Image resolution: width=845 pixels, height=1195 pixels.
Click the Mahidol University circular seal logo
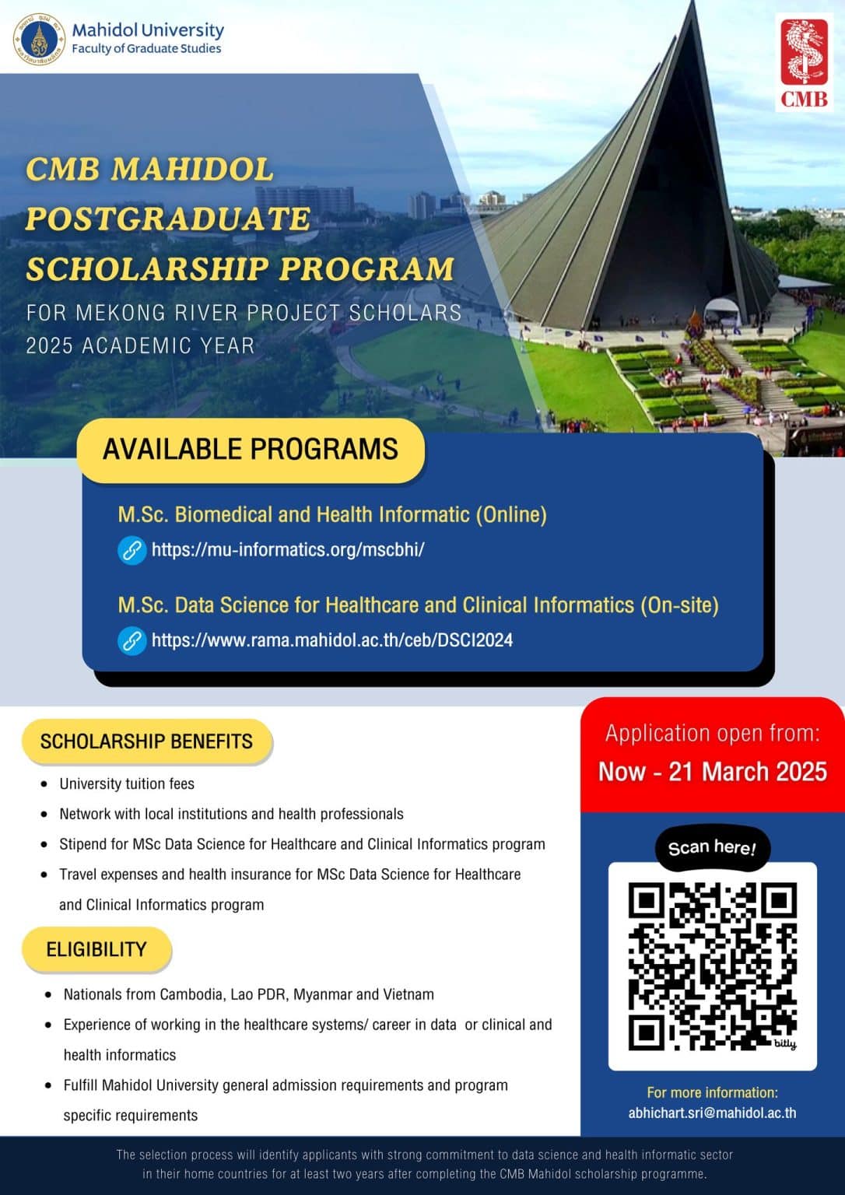[x=38, y=39]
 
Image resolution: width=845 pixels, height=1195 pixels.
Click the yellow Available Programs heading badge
[x=251, y=450]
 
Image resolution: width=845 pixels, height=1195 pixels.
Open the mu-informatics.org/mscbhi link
[x=288, y=550]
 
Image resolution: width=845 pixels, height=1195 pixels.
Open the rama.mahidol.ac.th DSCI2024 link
[x=332, y=640]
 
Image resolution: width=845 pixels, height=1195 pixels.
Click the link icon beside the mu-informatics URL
[x=132, y=550]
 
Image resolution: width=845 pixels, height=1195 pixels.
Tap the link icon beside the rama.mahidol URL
[x=132, y=641]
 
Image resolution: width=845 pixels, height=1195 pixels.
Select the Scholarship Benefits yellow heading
[x=146, y=741]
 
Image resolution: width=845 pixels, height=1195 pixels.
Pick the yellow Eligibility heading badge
[x=96, y=949]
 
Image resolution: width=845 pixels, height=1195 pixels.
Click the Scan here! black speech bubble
[x=712, y=847]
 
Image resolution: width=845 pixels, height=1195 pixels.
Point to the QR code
[x=712, y=966]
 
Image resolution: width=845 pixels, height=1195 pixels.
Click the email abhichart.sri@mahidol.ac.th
[x=712, y=1113]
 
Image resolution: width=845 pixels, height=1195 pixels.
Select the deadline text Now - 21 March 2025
[x=712, y=772]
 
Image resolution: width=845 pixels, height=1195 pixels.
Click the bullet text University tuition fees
[x=127, y=783]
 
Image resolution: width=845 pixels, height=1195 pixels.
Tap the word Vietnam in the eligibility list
[x=408, y=994]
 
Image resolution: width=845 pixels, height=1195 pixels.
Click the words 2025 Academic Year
[x=140, y=345]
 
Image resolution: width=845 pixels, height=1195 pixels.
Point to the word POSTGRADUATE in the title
[x=168, y=219]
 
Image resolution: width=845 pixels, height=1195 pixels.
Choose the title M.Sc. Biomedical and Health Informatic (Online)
[x=332, y=514]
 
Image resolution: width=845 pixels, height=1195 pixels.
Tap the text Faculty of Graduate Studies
[x=146, y=48]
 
